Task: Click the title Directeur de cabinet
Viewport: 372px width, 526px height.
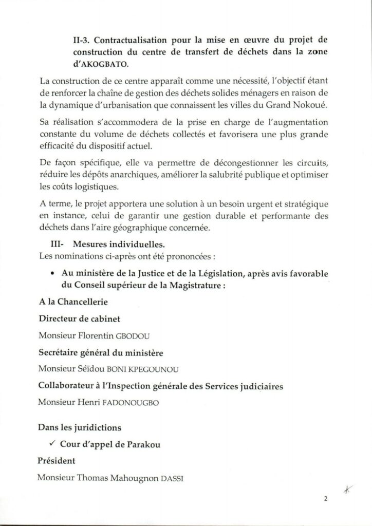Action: coord(80,319)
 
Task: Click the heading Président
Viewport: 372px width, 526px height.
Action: coord(57,461)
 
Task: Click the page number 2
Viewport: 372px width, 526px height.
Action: coord(325,498)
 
